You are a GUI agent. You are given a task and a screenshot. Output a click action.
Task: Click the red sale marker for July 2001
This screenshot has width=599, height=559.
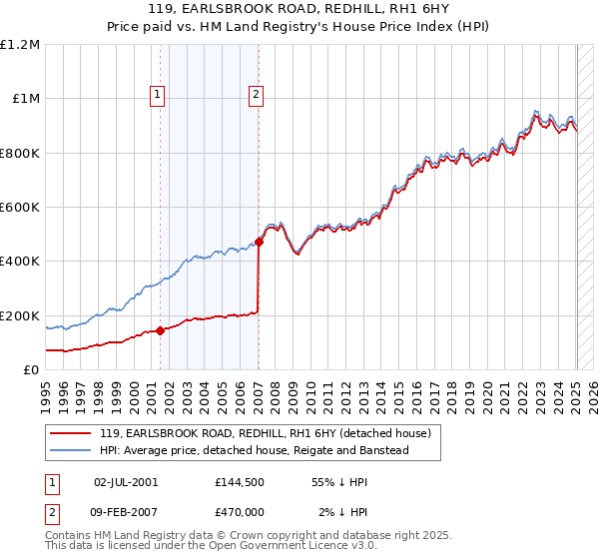(x=161, y=330)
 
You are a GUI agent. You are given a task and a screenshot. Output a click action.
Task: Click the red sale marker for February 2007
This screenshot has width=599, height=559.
(x=259, y=242)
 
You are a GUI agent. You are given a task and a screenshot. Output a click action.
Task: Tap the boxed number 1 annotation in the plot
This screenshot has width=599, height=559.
(x=158, y=95)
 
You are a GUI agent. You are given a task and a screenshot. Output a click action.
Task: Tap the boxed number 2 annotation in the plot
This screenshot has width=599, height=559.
(x=256, y=95)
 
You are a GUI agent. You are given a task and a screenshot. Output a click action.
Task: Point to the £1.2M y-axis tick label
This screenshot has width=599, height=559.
(x=20, y=45)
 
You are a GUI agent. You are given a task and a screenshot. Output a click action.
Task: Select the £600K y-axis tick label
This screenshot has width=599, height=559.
(x=20, y=208)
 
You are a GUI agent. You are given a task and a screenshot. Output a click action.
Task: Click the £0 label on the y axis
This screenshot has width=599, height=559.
(x=30, y=370)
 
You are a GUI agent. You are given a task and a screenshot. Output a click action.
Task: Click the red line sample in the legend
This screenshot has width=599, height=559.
(x=71, y=433)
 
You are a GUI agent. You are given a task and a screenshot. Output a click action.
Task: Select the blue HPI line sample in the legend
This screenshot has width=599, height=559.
(x=71, y=451)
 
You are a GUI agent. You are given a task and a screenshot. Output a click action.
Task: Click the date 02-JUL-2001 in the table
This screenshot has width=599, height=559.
(x=126, y=481)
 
